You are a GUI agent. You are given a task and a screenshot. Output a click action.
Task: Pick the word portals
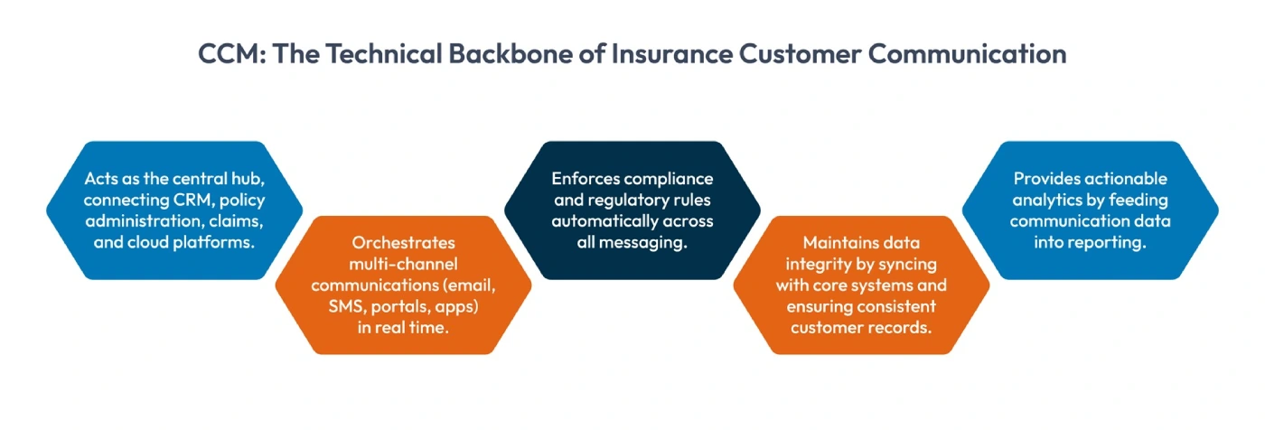tap(404, 308)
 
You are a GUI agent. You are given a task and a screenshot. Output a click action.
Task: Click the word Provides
tap(1040, 178)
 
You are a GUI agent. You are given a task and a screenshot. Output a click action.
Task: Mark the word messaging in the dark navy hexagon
tap(645, 243)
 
